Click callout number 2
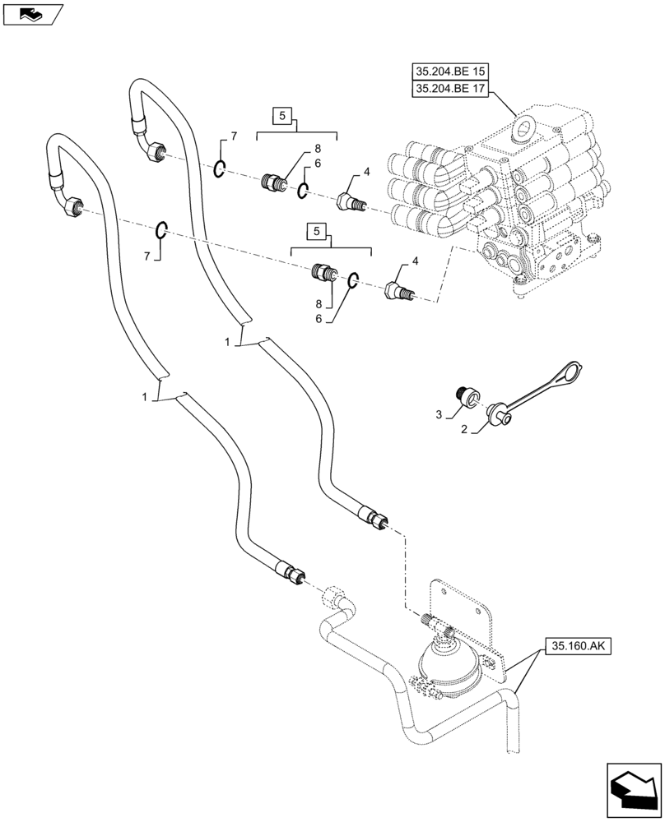465,429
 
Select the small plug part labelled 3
467,397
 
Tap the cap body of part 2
499,411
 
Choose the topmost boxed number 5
281,117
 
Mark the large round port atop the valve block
522,129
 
